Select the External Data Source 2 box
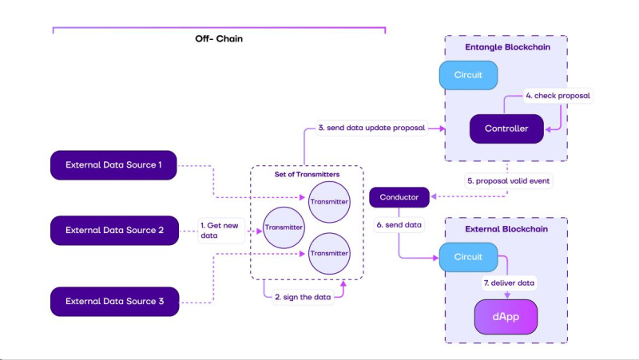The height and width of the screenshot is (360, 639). tap(114, 230)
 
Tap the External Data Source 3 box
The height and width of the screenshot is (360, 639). tap(114, 302)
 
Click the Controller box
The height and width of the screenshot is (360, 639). tap(506, 129)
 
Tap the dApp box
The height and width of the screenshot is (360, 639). tap(506, 317)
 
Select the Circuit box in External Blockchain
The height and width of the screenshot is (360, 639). tap(469, 257)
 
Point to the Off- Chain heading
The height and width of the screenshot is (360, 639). tap(219, 38)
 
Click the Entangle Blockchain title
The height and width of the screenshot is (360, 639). tap(506, 47)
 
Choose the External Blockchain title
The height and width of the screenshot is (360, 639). tap(506, 230)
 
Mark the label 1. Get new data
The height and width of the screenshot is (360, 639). tap(220, 230)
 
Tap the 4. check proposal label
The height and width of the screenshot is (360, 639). tap(558, 96)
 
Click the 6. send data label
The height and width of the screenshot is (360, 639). tap(399, 226)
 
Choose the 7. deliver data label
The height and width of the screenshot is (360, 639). tap(509, 283)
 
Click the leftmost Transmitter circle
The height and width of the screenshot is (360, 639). tap(284, 227)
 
